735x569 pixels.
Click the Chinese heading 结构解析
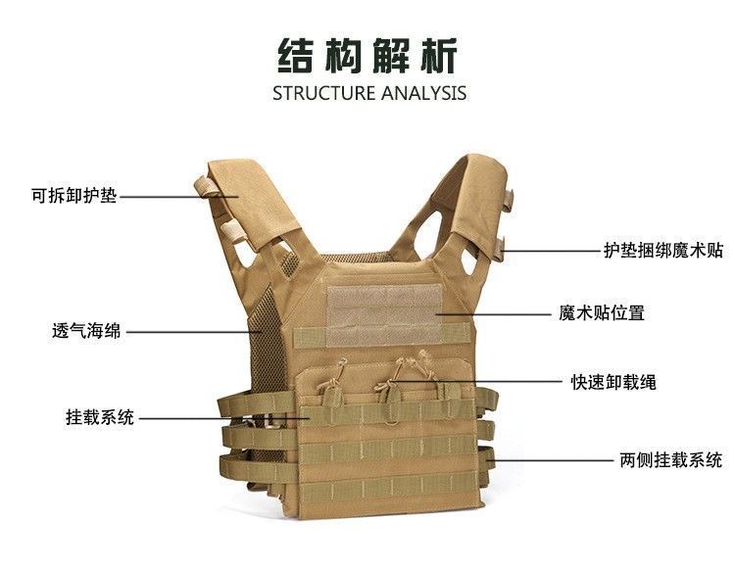click(x=367, y=57)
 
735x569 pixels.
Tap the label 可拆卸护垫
click(x=73, y=196)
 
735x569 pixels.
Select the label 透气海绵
click(x=86, y=331)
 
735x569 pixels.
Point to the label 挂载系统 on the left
click(x=93, y=418)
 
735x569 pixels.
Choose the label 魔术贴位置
click(x=601, y=314)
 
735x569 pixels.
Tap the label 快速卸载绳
click(x=613, y=382)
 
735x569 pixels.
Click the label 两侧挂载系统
click(x=671, y=459)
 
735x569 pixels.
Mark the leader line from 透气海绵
click(x=191, y=331)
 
